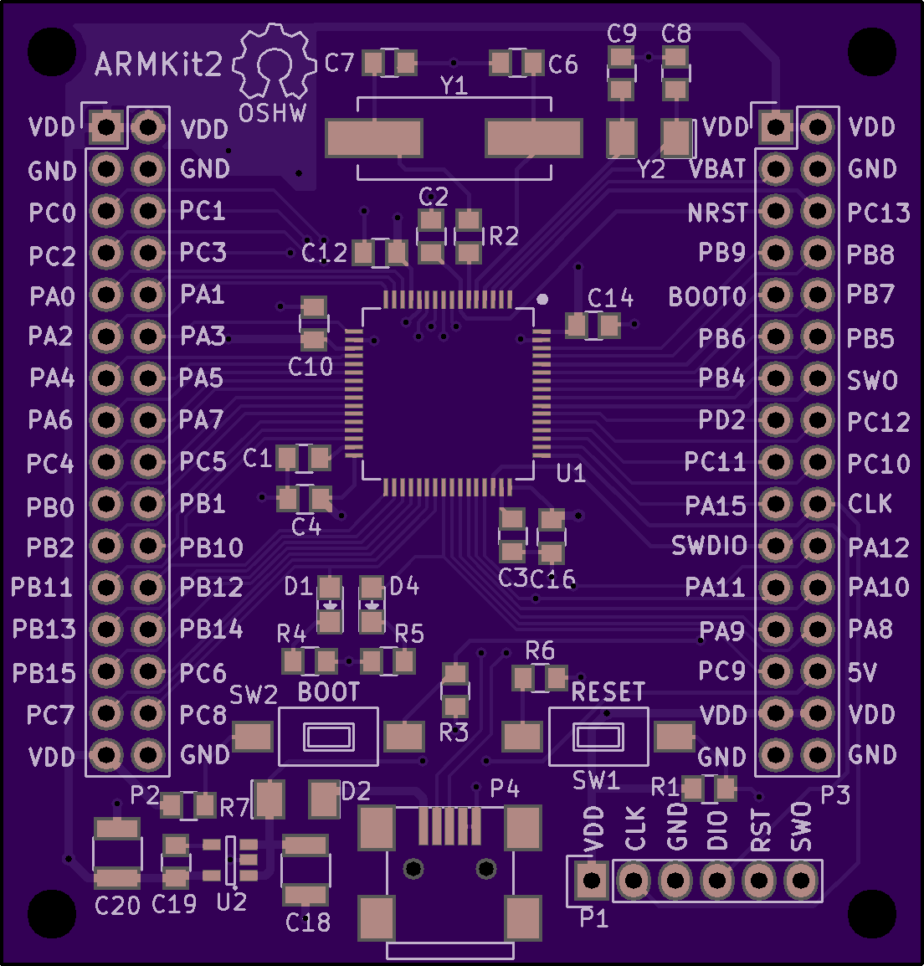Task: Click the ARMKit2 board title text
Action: click(x=158, y=64)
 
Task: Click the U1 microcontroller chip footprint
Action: click(x=448, y=393)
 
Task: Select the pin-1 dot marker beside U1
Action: click(x=542, y=300)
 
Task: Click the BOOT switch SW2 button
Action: click(x=328, y=737)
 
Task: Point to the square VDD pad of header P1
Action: click(x=592, y=881)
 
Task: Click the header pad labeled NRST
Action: click(x=776, y=211)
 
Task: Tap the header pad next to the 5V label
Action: click(x=818, y=671)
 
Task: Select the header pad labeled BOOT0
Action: click(x=776, y=295)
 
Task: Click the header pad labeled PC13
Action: click(x=818, y=211)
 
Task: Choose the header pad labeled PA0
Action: click(x=106, y=295)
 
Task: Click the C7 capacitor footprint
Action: click(x=389, y=63)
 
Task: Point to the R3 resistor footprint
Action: click(x=455, y=690)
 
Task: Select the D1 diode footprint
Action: click(x=330, y=605)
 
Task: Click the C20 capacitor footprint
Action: click(x=117, y=853)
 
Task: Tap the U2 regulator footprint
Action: click(x=230, y=860)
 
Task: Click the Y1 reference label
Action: click(x=454, y=85)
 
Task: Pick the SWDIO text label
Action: click(x=709, y=546)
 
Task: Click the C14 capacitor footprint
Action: click(x=593, y=326)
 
